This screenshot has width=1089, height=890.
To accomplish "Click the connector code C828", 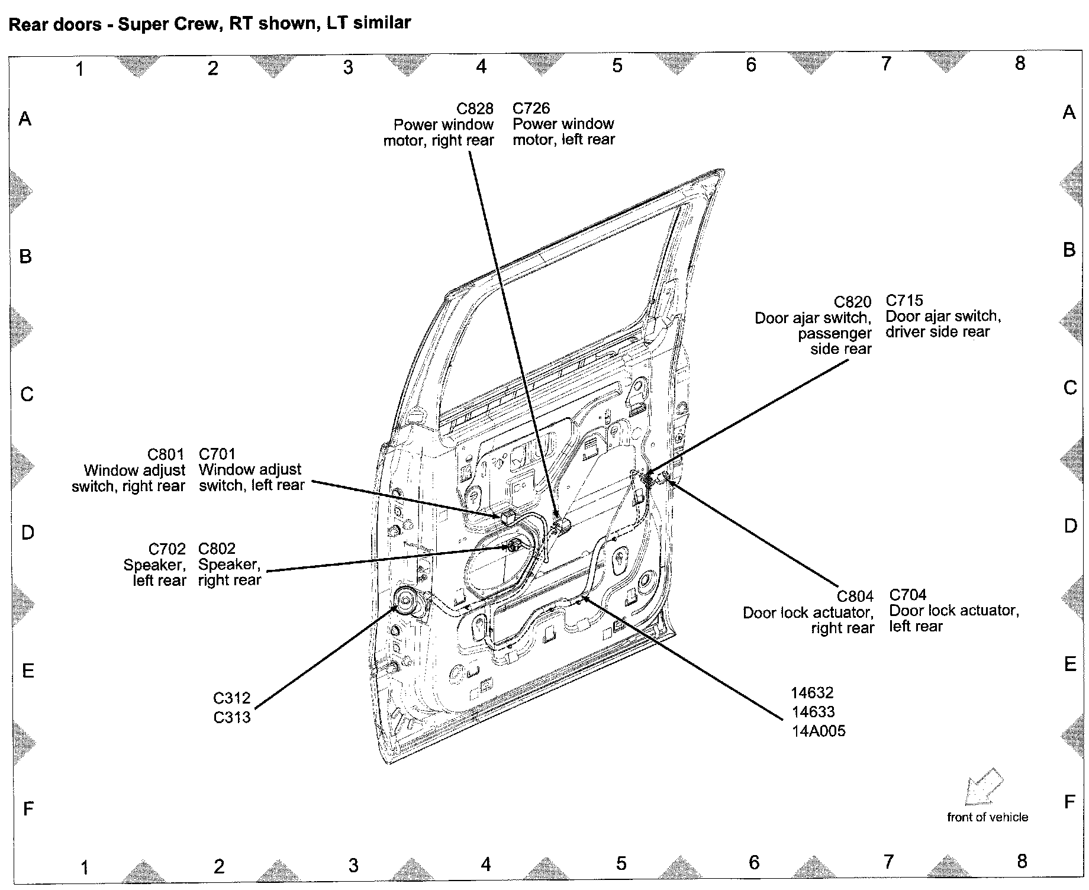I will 475,108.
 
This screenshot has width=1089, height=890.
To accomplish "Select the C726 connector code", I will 531,108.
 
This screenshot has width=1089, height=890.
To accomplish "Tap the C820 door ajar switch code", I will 852,302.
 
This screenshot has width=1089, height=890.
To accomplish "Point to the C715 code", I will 904,301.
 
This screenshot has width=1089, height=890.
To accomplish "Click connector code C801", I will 166,454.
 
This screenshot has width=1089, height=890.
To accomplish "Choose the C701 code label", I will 217,454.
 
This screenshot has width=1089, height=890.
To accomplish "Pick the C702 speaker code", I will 167,549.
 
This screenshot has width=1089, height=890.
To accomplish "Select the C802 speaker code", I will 217,549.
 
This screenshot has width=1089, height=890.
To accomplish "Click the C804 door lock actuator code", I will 855,596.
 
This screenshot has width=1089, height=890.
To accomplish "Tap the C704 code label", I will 908,595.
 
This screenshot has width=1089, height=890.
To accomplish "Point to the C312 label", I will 232,698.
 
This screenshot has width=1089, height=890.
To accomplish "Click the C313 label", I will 232,718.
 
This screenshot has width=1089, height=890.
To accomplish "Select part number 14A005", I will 819,731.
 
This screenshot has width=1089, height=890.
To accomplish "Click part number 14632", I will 812,693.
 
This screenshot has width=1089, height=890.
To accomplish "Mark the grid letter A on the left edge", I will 25,119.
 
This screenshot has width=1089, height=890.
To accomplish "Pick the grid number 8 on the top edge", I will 1020,63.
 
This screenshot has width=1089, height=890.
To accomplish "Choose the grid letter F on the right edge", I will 1069,802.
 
